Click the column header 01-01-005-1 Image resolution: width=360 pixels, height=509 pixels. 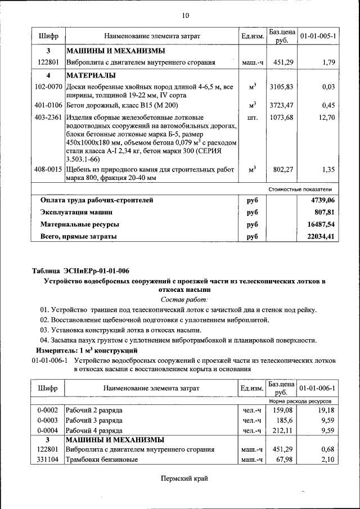318,36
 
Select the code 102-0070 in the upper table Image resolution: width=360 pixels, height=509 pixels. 48,87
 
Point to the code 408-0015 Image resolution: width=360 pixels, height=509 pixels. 48,169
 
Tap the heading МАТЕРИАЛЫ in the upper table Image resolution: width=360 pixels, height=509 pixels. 91,75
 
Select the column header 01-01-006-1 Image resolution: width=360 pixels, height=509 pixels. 318,389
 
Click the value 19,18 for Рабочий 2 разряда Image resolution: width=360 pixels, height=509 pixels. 326,410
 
